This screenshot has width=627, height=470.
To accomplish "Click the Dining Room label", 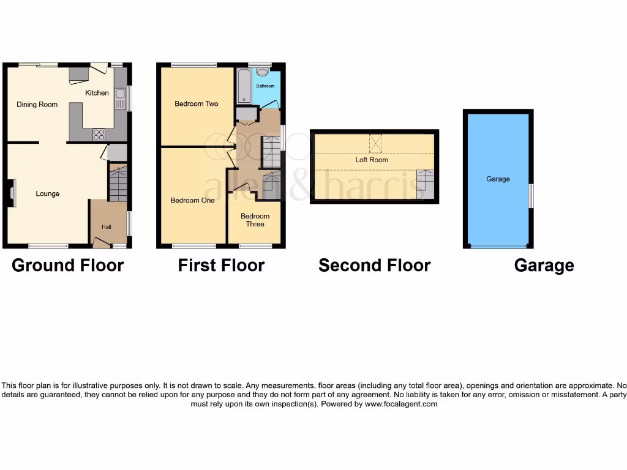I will (x=37, y=105).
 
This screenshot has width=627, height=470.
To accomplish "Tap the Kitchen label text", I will (x=97, y=93).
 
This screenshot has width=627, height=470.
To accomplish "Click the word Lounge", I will (x=48, y=194).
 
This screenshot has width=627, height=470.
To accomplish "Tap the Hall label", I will (x=107, y=227).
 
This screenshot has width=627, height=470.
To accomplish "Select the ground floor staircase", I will (x=118, y=183).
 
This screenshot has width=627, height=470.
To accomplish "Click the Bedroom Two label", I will (x=197, y=104).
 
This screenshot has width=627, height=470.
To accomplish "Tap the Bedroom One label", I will (x=192, y=200).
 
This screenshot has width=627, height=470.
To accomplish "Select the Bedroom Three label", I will (x=255, y=220).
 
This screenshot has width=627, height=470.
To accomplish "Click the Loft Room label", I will (x=372, y=160).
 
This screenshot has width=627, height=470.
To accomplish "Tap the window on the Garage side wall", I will (x=531, y=195).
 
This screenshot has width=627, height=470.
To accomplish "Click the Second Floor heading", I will (x=374, y=266).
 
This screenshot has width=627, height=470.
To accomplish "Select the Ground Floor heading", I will (x=67, y=266).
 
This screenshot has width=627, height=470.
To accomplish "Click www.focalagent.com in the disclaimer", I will (x=401, y=404).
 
